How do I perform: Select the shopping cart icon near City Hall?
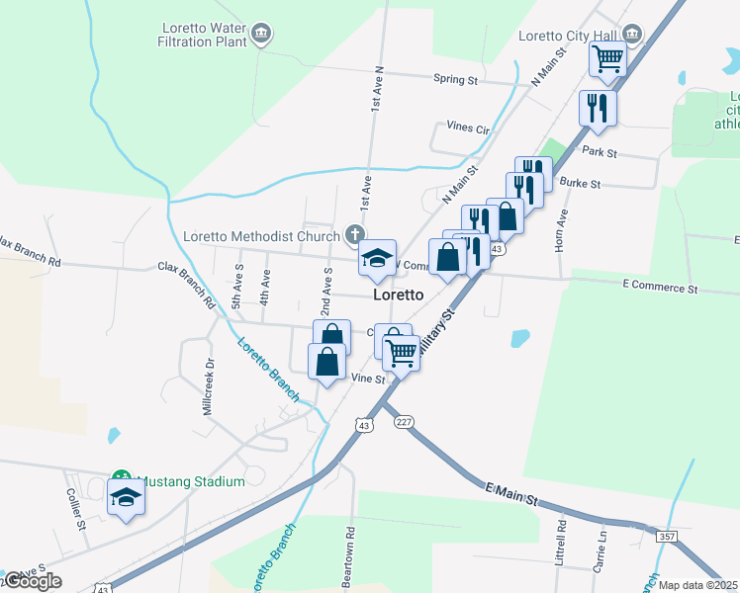607,58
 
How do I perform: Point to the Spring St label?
455,79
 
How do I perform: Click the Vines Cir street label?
468,128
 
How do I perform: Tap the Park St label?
600,153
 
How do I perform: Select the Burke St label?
574,183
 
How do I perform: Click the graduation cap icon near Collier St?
126,497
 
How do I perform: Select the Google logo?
33,581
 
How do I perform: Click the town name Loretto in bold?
399,296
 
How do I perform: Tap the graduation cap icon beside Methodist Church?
376,259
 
